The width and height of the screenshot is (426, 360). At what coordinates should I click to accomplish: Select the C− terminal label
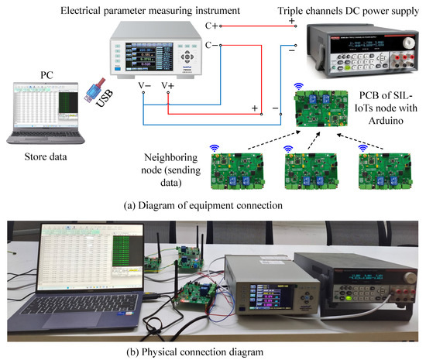tap(211, 46)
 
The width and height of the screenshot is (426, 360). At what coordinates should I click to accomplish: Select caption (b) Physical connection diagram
tap(213, 352)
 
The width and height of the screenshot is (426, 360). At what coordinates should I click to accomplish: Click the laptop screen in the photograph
tap(85, 259)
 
